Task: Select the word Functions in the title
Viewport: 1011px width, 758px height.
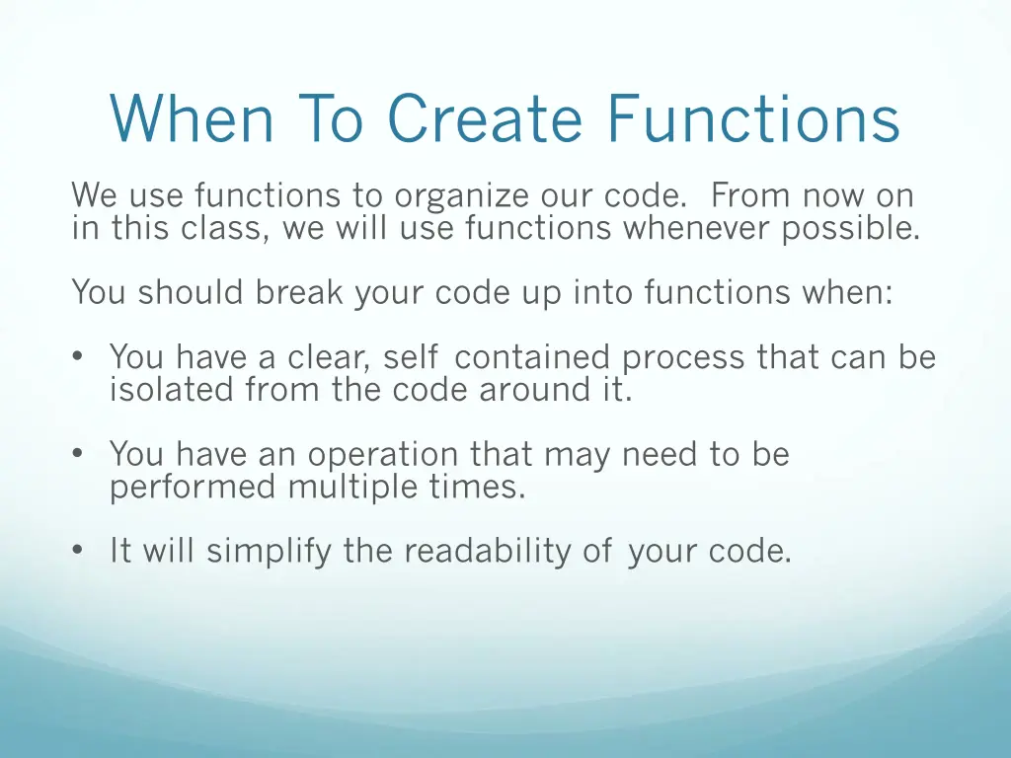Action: [752, 119]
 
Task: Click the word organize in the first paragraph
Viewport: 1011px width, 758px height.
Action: [457, 196]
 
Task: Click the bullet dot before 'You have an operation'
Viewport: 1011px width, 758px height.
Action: [78, 455]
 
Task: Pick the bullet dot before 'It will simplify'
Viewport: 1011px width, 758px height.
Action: [78, 552]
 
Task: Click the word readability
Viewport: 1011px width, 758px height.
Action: [488, 551]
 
